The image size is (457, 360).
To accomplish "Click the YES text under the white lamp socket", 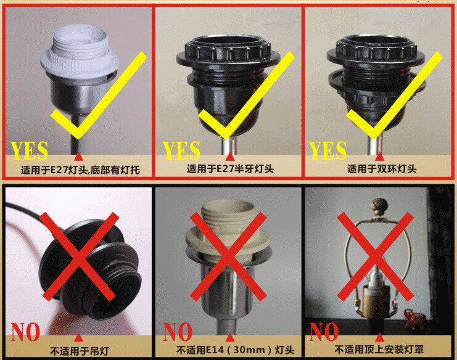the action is [x=29, y=150].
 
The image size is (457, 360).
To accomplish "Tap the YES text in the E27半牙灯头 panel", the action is [x=181, y=150].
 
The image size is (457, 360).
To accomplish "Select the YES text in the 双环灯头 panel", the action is [x=327, y=150].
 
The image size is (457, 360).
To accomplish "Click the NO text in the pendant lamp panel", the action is [x=25, y=332].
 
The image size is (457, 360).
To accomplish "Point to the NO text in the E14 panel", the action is [x=178, y=332].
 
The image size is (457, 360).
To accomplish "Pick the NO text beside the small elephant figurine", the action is [x=324, y=332].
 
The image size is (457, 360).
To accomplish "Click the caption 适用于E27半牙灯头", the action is [x=230, y=169].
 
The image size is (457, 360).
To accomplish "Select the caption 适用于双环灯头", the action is [x=382, y=169].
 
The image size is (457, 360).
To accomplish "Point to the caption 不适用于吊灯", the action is [x=80, y=351].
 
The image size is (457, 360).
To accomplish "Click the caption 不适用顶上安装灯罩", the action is [x=379, y=350].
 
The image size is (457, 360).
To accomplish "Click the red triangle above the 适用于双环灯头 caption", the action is [x=379, y=157].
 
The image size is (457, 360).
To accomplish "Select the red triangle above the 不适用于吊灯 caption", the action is [x=78, y=337].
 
